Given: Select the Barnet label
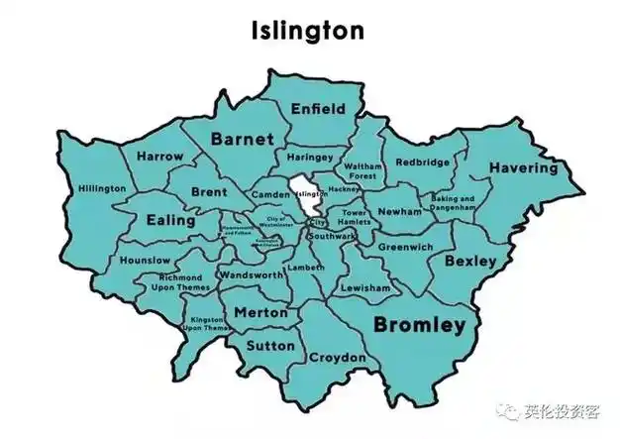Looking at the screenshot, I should pyautogui.click(x=241, y=140).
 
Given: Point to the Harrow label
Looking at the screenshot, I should pyautogui.click(x=159, y=157).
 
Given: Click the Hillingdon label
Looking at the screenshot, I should pyautogui.click(x=102, y=188).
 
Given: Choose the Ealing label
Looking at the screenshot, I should pyautogui.click(x=169, y=220).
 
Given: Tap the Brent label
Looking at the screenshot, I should pyautogui.click(x=208, y=190).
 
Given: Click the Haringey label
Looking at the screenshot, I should pyautogui.click(x=310, y=157).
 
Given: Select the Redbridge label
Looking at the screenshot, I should pyautogui.click(x=423, y=162).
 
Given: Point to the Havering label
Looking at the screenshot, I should pyautogui.click(x=522, y=167).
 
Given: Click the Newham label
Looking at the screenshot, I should pyautogui.click(x=399, y=212).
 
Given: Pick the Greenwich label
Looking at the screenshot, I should pyautogui.click(x=404, y=246).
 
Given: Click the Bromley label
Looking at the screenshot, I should pyautogui.click(x=419, y=324).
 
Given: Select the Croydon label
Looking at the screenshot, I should pyautogui.click(x=337, y=357).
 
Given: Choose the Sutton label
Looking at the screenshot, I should pyautogui.click(x=269, y=345).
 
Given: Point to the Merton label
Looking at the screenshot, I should pyautogui.click(x=260, y=312).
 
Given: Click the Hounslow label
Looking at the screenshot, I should pyautogui.click(x=145, y=260).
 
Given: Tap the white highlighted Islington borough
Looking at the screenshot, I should pyautogui.click(x=306, y=193).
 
